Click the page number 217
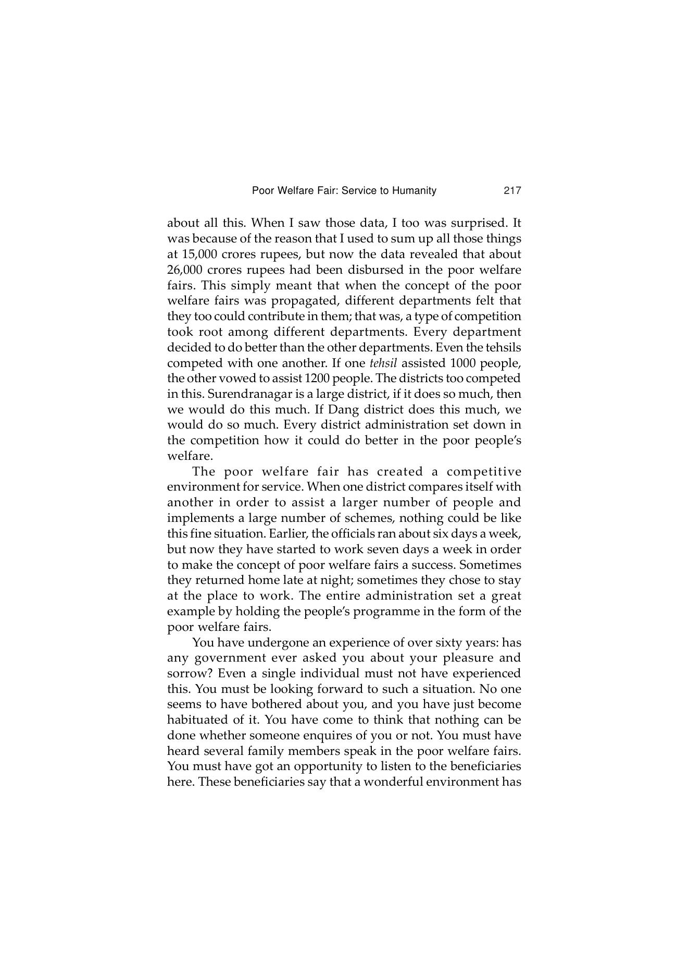512,191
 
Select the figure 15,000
197,254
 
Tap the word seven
367,550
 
